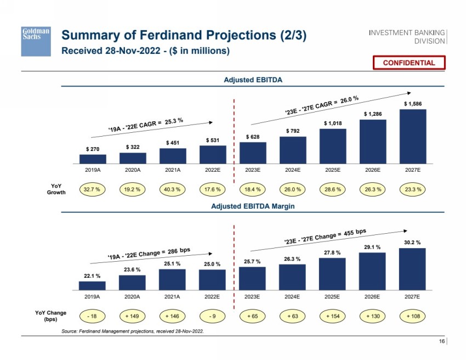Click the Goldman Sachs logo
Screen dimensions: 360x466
point(36,41)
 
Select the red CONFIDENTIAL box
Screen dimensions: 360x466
point(408,63)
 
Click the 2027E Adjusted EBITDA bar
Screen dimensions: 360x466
point(412,136)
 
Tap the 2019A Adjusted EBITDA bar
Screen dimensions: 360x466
point(93,159)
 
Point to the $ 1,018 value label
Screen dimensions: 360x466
point(332,123)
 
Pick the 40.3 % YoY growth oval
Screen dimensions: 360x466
point(172,189)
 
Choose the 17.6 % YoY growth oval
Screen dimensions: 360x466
point(212,189)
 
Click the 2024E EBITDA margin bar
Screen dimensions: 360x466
point(292,277)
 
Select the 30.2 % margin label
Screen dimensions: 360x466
point(412,242)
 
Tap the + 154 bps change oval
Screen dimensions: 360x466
point(332,317)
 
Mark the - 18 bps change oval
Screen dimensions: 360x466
point(93,317)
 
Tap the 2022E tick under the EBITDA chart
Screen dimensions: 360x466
point(212,170)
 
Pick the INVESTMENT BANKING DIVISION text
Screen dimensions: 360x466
point(407,36)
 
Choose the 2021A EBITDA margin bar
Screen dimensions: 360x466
point(172,279)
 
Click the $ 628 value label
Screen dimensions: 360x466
point(252,136)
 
